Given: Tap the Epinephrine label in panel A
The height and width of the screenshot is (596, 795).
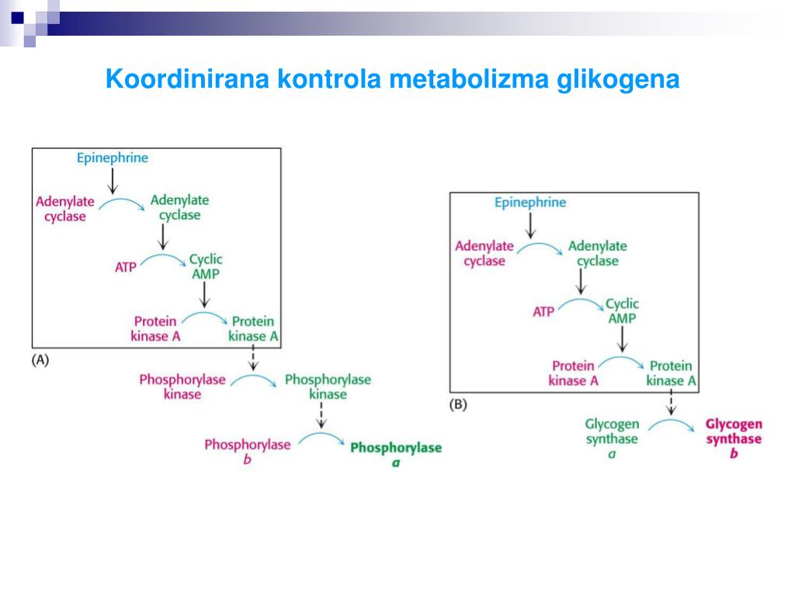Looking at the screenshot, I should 113,158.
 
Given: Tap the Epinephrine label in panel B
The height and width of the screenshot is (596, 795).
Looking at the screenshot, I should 530,203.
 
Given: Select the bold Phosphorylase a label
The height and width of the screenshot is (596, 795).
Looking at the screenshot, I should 395,455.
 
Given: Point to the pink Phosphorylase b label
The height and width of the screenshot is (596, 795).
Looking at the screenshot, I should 247,452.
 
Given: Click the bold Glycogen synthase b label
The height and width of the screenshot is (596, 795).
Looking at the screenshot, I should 734,438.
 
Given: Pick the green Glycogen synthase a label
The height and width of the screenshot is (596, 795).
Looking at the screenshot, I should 612,438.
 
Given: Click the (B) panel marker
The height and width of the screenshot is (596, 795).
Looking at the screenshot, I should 458,404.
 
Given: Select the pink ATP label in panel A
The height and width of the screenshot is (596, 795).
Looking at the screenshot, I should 125,267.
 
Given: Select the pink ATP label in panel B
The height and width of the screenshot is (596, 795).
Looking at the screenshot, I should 543,312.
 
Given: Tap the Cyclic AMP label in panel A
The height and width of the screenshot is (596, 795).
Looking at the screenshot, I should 206,266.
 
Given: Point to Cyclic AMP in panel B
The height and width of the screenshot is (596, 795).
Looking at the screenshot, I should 622,311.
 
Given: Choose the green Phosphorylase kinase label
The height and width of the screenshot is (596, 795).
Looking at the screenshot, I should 328,386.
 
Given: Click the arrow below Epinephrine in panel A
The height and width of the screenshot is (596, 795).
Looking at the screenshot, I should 113,180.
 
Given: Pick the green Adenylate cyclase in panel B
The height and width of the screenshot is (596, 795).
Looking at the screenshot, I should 597,253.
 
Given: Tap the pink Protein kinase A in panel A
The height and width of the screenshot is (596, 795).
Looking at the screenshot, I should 155,328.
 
